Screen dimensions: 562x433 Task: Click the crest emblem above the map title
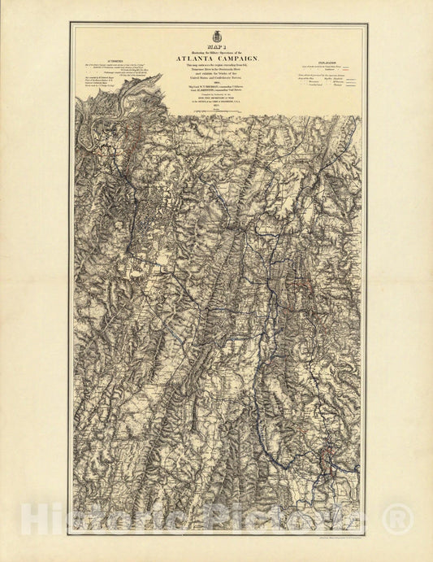[216, 37]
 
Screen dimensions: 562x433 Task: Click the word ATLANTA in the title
[194, 59]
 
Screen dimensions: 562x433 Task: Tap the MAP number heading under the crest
[216, 47]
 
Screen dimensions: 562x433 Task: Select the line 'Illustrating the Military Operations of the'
[216, 52]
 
